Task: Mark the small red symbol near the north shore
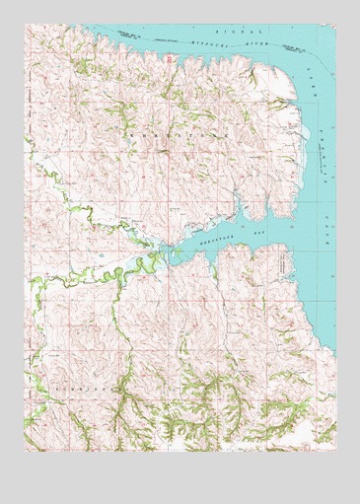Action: coord(170,60)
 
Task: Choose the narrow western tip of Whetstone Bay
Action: coord(156,259)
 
